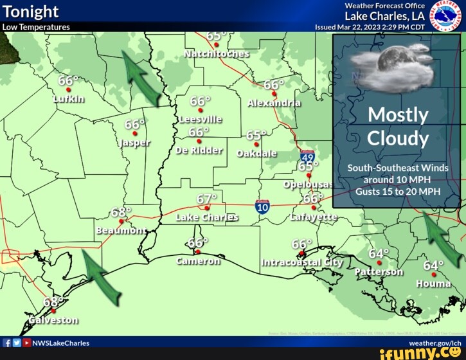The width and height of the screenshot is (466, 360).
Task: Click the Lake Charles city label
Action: tap(207, 217)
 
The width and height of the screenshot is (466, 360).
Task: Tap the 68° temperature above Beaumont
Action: tap(121, 212)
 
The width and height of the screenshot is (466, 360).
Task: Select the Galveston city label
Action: tap(53, 319)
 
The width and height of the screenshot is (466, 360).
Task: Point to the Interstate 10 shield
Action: tap(262, 206)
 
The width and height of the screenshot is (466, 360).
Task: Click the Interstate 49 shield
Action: tap(307, 156)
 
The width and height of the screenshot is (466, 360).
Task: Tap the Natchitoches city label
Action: tap(217, 53)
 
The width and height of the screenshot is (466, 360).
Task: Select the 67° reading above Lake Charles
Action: tap(207, 198)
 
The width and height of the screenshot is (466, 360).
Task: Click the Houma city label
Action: tap(433, 283)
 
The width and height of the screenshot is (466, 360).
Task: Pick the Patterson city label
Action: tap(379, 271)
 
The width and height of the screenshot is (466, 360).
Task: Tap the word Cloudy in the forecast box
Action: tap(398, 138)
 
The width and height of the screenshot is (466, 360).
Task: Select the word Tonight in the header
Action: tap(30, 12)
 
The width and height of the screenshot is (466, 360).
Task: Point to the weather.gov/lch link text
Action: tap(435, 343)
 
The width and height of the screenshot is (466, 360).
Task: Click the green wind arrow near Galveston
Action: tap(101, 277)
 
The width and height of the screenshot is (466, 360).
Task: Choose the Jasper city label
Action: tap(134, 142)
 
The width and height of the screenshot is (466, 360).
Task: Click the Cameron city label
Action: tap(198, 261)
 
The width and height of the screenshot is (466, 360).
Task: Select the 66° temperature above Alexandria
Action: tap(274, 85)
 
